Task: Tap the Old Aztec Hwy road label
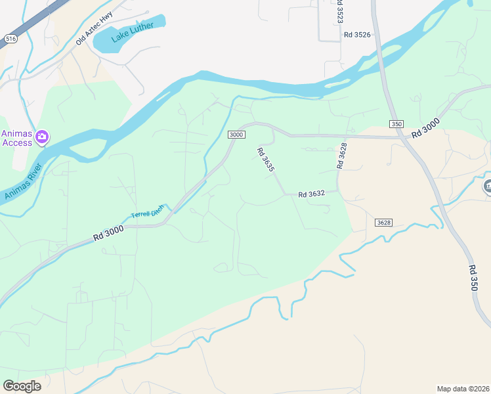95,28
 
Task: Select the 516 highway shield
10,39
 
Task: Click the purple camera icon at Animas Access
43,137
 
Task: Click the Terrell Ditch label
147,212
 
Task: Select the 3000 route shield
236,135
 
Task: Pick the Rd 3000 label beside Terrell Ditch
108,232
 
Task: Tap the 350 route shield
396,123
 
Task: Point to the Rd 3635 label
265,159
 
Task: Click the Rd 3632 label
312,194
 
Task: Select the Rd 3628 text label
341,156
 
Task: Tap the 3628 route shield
384,223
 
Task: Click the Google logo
22,386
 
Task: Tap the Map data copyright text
463,388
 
